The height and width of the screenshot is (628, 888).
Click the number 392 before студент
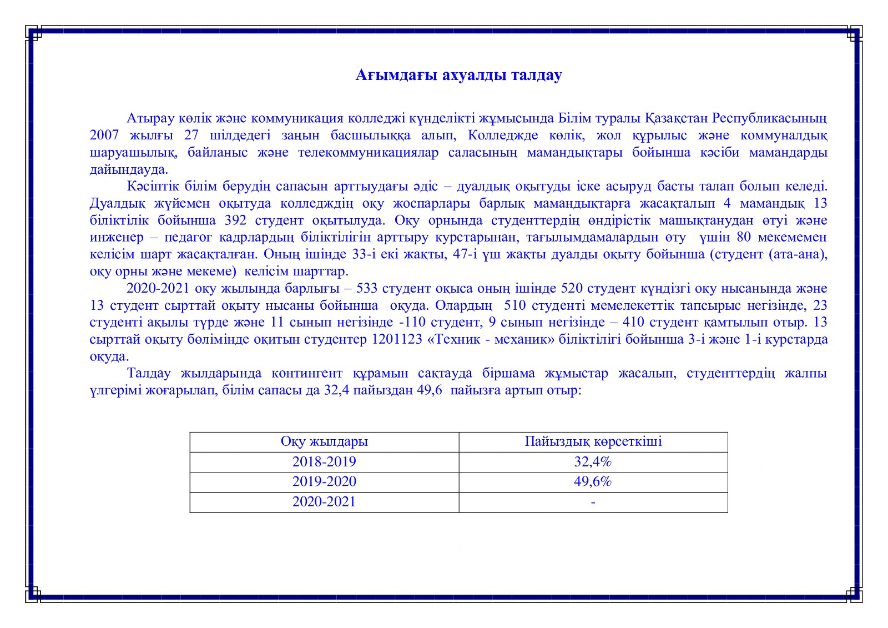[236, 220]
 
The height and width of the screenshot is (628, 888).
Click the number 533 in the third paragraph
[367, 288]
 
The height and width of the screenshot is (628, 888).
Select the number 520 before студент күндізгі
[572, 288]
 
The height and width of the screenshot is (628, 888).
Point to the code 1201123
[397, 339]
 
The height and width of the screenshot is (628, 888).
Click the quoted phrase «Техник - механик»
[491, 339]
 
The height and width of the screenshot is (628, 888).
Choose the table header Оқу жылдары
[324, 442]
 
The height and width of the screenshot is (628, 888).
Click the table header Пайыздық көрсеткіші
[593, 442]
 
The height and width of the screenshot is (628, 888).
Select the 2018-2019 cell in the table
[324, 462]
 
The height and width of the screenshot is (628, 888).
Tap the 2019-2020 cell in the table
[324, 482]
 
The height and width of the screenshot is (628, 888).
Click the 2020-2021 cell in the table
[324, 502]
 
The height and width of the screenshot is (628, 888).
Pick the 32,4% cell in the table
[593, 462]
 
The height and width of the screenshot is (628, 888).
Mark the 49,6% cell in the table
[593, 482]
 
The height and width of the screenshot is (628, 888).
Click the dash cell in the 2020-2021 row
[593, 503]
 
